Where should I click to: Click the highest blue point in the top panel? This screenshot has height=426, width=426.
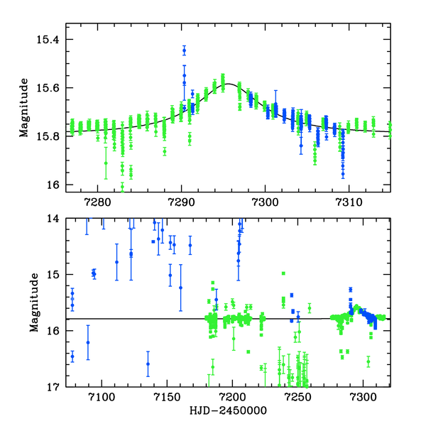pyautogui.click(x=184, y=50)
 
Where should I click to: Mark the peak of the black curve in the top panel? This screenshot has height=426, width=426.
pyautogui.click(x=224, y=84)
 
